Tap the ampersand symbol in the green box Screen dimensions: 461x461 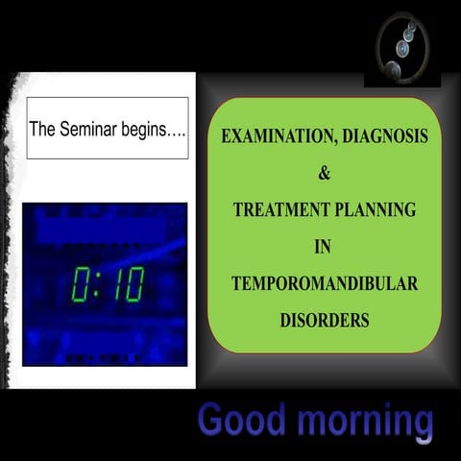point(324,175)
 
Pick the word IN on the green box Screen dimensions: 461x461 point(324,248)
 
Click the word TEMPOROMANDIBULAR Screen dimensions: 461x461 point(324,284)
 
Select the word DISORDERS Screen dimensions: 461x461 point(324,321)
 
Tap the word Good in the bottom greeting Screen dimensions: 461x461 point(240,421)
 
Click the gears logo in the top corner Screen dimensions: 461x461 point(402,48)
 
